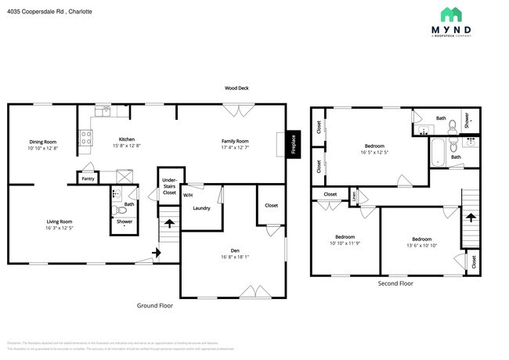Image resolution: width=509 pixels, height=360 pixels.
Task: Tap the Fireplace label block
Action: (293, 145)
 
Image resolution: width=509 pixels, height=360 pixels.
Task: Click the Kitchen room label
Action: (126, 141)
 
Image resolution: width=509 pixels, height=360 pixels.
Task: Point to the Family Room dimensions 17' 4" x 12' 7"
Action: (235, 147)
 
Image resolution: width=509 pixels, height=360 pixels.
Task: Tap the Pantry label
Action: (88, 179)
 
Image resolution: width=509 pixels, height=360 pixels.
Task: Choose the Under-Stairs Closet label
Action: (169, 186)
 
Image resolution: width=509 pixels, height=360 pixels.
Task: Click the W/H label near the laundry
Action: (188, 194)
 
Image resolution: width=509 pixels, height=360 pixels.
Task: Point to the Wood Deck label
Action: (236, 88)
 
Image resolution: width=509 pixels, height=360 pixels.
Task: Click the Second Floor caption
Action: (395, 283)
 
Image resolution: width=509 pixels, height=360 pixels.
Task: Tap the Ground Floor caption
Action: (155, 306)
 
